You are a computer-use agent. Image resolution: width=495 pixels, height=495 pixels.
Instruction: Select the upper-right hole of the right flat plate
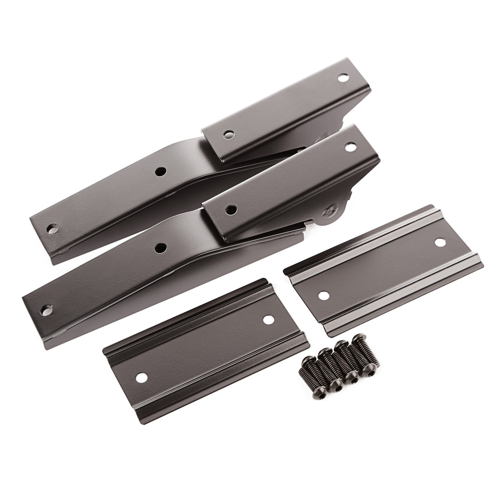click(x=439, y=242)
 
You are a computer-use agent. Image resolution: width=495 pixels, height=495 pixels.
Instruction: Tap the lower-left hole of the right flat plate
click(x=324, y=294)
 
